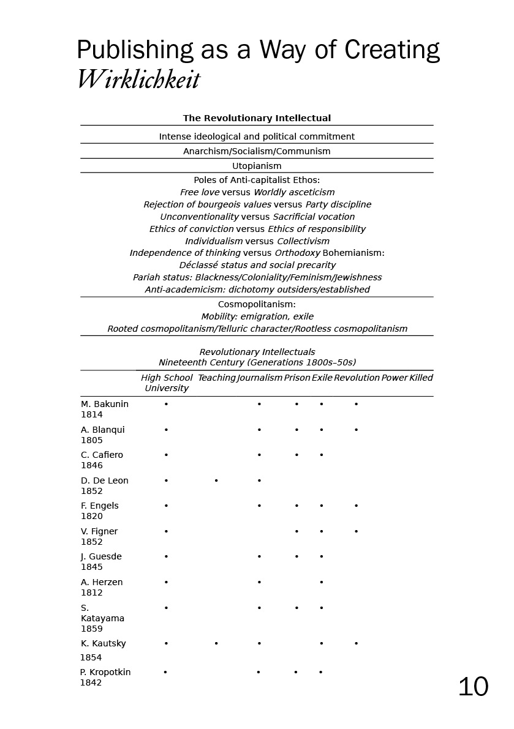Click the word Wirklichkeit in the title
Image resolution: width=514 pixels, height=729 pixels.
click(x=138, y=80)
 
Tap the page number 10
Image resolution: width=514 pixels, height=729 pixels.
click(x=473, y=687)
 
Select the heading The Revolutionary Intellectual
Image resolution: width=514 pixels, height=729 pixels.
click(x=257, y=118)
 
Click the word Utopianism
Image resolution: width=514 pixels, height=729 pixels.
click(x=257, y=166)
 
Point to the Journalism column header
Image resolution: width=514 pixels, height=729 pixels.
click(x=260, y=378)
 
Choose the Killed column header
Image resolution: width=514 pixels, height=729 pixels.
click(x=421, y=378)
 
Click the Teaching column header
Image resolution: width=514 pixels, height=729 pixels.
click(x=216, y=378)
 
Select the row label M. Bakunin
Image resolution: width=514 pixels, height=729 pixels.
click(x=105, y=404)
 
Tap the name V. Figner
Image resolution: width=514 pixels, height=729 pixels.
click(x=99, y=531)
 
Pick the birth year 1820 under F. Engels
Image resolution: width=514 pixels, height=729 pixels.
click(x=92, y=516)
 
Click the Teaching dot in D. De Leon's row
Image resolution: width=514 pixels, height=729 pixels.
click(x=216, y=480)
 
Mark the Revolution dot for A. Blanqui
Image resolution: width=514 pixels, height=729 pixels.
click(x=356, y=430)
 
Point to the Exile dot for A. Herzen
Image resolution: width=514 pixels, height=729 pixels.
click(x=321, y=582)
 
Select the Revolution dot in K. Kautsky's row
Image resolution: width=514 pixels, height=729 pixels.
click(x=356, y=643)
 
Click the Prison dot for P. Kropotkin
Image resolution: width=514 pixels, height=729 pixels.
click(x=296, y=672)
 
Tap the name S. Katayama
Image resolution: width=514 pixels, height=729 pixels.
click(x=102, y=613)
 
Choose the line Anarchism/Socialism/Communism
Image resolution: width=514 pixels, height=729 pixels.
click(x=257, y=151)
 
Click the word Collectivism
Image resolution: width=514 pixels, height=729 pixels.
click(x=303, y=241)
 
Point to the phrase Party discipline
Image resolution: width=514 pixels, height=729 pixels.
click(x=338, y=204)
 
